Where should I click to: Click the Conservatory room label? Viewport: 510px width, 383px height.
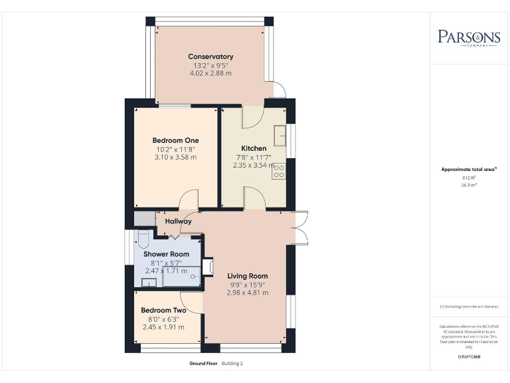(x=211, y=57)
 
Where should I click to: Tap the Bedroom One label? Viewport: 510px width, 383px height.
(x=175, y=140)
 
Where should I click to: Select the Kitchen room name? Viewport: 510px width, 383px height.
(x=254, y=148)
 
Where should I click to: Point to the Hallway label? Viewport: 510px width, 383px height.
(x=179, y=221)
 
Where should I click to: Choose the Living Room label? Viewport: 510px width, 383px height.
(x=247, y=276)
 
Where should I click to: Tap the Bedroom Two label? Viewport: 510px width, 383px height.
(x=163, y=311)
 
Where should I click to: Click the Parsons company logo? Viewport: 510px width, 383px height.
(x=469, y=37)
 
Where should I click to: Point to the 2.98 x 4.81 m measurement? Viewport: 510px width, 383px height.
(x=247, y=293)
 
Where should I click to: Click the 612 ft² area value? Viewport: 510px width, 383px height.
(x=469, y=178)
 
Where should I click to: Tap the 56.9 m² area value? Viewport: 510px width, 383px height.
(x=469, y=186)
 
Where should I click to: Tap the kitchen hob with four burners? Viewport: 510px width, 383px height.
(x=279, y=171)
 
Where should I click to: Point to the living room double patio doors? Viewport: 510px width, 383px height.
(x=300, y=227)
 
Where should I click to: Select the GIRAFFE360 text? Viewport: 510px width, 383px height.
(x=469, y=357)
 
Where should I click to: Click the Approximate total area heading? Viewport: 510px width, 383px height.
(x=469, y=170)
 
